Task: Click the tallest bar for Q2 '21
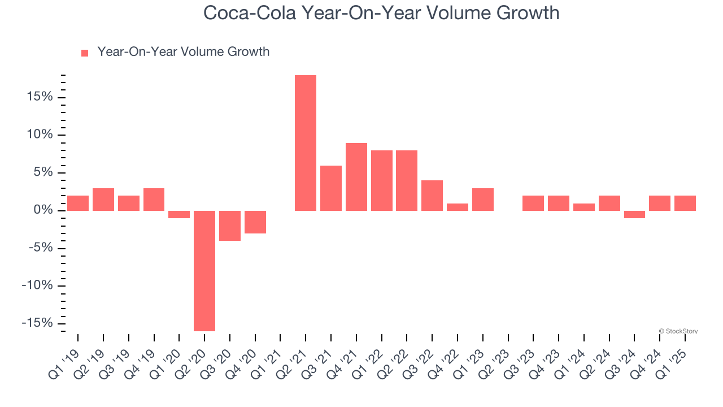[x=306, y=143]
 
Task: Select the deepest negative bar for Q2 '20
[x=204, y=271]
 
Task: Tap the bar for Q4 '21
[x=356, y=177]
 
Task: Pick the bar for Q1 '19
[x=78, y=203]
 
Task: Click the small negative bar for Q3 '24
[x=634, y=214]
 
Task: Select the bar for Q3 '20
[x=230, y=226]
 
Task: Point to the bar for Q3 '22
[x=432, y=196]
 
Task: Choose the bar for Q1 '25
[x=685, y=203]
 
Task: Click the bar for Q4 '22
[x=458, y=207]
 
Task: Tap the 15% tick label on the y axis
[x=39, y=97]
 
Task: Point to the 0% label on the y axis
[x=43, y=210]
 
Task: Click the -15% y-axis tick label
[x=37, y=323]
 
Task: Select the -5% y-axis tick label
[x=40, y=248]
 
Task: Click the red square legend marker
[x=85, y=53]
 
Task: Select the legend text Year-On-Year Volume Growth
[x=183, y=52]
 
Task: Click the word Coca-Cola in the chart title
[x=249, y=13]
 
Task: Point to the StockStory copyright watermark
[x=678, y=331]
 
